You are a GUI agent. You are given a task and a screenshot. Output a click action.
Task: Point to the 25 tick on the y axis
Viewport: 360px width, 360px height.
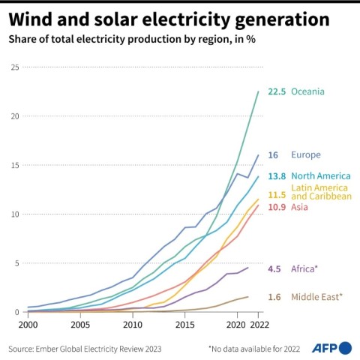point(14,67)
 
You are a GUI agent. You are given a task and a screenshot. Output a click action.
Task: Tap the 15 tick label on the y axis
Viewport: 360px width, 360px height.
point(14,165)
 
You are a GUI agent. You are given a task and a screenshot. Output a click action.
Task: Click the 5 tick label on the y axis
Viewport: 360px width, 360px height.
point(16,262)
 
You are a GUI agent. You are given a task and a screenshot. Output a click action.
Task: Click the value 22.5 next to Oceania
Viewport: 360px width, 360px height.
point(277,91)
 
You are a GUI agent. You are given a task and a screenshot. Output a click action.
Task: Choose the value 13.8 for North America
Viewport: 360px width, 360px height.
point(277,175)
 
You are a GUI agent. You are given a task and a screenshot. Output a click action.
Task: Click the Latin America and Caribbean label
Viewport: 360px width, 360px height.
point(319,191)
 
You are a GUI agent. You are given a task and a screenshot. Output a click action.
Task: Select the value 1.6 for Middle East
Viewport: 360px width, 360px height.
point(274,296)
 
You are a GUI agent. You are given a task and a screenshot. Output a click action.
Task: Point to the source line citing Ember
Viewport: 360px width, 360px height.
point(83,349)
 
